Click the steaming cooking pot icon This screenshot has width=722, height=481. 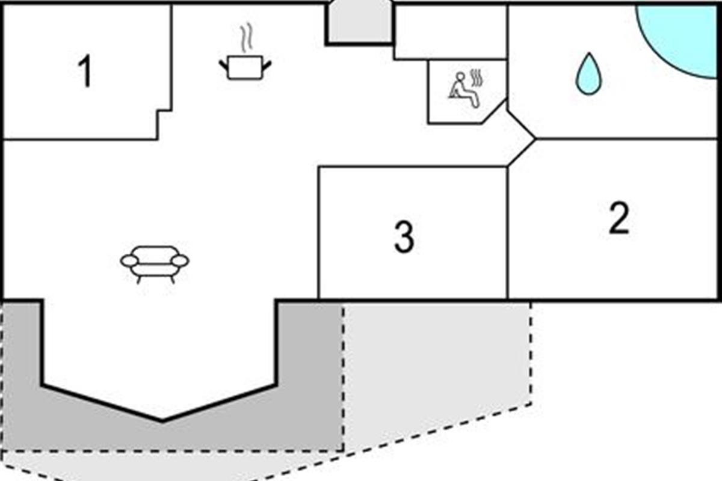pos(245,66)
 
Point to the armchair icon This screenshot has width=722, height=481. pos(155,263)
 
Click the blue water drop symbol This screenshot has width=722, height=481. pos(588,75)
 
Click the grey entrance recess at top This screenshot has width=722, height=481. pos(359,23)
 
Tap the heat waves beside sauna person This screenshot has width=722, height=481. pos(479,78)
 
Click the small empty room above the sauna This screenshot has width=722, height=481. pos(450,32)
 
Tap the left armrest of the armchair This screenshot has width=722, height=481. pos(129,260)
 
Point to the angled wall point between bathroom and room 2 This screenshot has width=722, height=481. pos(534,139)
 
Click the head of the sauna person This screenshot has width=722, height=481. pos(461,77)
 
